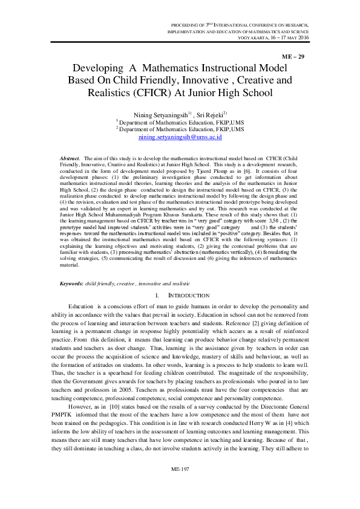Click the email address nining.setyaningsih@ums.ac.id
tap(180, 137)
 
